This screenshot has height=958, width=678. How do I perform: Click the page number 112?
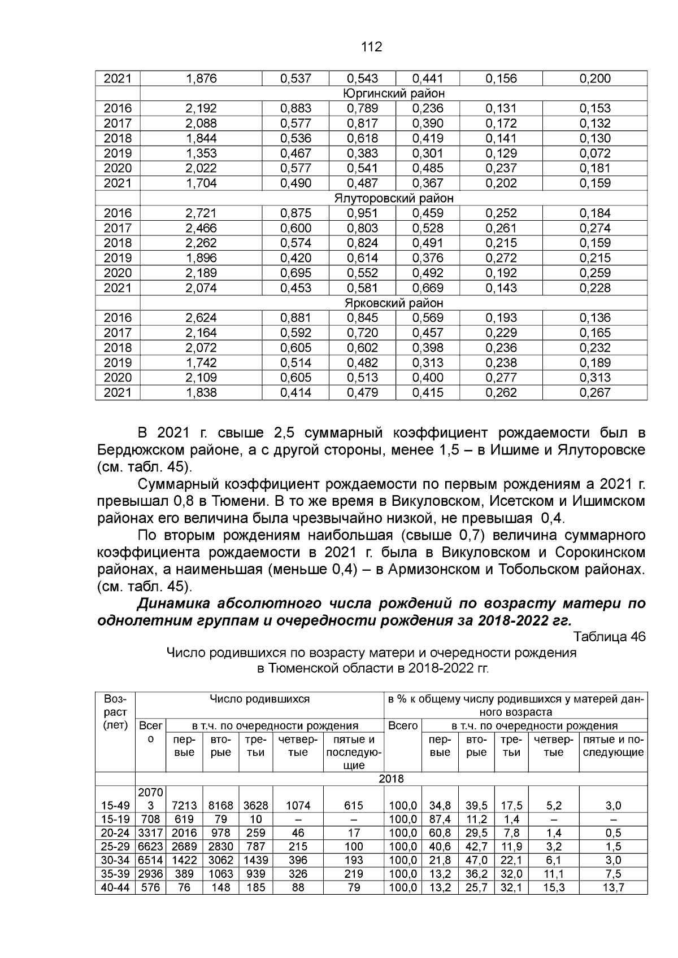tap(371, 47)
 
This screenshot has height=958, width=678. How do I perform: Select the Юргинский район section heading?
tap(394, 94)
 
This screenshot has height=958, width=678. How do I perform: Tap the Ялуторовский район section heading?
tap(394, 199)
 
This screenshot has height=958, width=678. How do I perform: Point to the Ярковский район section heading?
tap(394, 303)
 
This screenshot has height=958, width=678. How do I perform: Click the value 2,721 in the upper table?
tap(201, 213)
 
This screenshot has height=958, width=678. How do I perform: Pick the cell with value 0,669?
tap(428, 288)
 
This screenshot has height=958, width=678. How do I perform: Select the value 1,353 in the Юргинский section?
tap(201, 154)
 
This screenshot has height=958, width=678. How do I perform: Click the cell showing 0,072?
tap(595, 154)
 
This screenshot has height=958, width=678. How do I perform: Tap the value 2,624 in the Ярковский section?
tap(201, 318)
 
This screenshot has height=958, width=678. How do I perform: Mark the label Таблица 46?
tap(609, 637)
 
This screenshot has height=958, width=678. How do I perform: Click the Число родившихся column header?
tap(259, 699)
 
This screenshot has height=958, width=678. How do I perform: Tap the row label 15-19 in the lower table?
tap(115, 819)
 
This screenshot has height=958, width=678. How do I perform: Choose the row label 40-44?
tap(115, 887)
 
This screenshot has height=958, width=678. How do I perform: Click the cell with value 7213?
tap(184, 806)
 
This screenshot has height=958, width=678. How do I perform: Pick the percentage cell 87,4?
tap(440, 819)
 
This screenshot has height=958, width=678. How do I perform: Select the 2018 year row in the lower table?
tap(391, 779)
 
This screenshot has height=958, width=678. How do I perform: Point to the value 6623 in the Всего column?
tap(150, 846)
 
